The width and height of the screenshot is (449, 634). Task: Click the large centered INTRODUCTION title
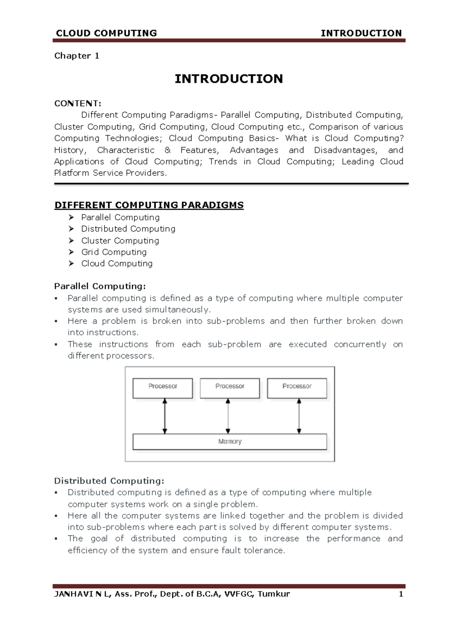click(x=229, y=79)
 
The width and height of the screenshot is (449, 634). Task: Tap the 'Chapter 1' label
click(x=77, y=56)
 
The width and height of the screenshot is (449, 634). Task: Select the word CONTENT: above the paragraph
click(x=78, y=104)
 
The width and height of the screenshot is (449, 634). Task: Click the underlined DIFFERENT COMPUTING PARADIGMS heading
click(x=149, y=205)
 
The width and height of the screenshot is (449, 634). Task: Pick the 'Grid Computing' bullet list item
click(x=114, y=252)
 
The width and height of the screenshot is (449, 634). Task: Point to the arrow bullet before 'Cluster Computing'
click(x=71, y=240)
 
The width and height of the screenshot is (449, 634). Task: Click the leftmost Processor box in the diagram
click(x=163, y=388)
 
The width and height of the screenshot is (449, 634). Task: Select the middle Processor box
click(x=230, y=388)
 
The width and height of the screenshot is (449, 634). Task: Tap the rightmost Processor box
click(x=297, y=388)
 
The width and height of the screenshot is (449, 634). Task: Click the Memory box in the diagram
click(x=230, y=441)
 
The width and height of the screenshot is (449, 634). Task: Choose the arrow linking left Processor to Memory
click(x=164, y=416)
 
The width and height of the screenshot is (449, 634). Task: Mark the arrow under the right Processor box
click(x=299, y=416)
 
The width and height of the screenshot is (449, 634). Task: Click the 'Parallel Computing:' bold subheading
click(x=100, y=286)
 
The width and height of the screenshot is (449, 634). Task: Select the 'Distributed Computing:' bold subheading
click(x=109, y=481)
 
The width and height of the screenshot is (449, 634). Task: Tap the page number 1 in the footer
click(x=401, y=594)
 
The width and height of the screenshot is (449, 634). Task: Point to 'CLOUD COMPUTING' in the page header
click(x=106, y=33)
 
